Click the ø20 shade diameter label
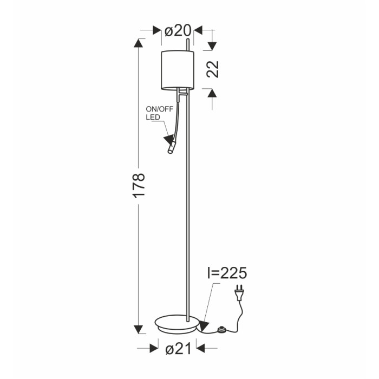[x=178, y=31]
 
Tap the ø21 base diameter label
[x=178, y=349]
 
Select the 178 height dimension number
[x=139, y=186]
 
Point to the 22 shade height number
[x=213, y=69]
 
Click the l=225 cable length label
[x=227, y=273]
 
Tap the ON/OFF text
[x=160, y=109]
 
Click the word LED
[x=153, y=117]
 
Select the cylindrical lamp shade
[x=178, y=70]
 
